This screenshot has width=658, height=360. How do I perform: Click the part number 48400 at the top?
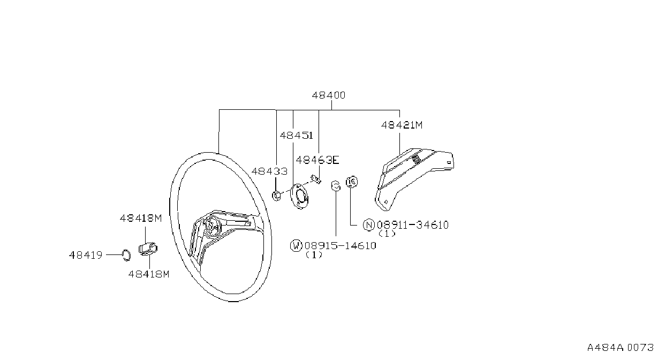pyautogui.click(x=328, y=95)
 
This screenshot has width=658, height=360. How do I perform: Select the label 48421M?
pyautogui.click(x=402, y=125)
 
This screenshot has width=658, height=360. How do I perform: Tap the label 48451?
pyautogui.click(x=297, y=136)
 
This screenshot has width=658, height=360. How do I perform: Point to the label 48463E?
pyautogui.click(x=317, y=160)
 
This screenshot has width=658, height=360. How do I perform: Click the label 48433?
pyautogui.click(x=269, y=171)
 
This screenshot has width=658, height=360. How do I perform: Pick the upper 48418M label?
pyautogui.click(x=141, y=219)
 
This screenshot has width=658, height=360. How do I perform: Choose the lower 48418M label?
pyautogui.click(x=149, y=274)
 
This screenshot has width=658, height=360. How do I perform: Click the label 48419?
pyautogui.click(x=86, y=255)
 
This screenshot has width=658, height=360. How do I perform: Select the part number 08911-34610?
pyautogui.click(x=413, y=225)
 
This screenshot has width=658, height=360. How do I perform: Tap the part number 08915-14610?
pyautogui.click(x=341, y=246)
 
